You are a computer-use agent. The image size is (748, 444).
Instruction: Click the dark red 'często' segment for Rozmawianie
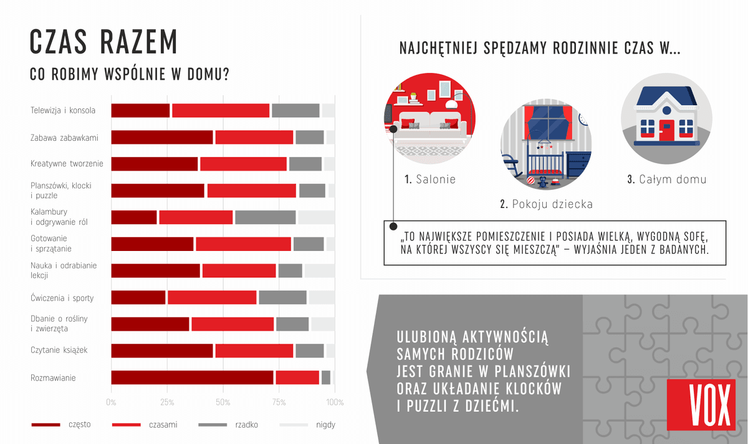coord(192,377)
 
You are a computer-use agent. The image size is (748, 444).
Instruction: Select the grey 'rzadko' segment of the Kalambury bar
coord(265,217)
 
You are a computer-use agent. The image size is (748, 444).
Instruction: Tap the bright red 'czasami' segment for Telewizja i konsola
coord(221,110)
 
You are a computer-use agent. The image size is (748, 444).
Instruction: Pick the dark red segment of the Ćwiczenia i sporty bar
coord(138,298)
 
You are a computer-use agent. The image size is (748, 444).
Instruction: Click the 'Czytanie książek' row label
coord(59,350)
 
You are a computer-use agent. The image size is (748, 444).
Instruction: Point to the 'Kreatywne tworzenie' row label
coord(67,164)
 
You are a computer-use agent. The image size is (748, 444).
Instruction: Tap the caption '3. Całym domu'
coord(666,179)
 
